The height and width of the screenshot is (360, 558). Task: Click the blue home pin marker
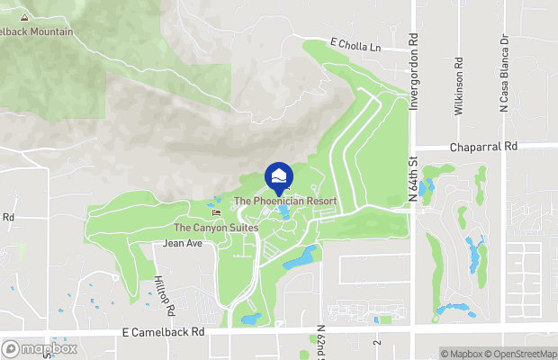278,175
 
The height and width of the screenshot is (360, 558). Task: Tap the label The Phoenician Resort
285,201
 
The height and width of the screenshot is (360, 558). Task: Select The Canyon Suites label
216,228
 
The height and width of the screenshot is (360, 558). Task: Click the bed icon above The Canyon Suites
216,212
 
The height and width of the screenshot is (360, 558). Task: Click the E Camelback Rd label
165,332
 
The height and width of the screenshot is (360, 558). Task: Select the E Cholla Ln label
355,44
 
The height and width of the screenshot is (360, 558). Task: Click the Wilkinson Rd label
459,82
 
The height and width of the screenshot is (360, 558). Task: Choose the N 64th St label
416,180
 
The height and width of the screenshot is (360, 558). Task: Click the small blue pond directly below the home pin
284,213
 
